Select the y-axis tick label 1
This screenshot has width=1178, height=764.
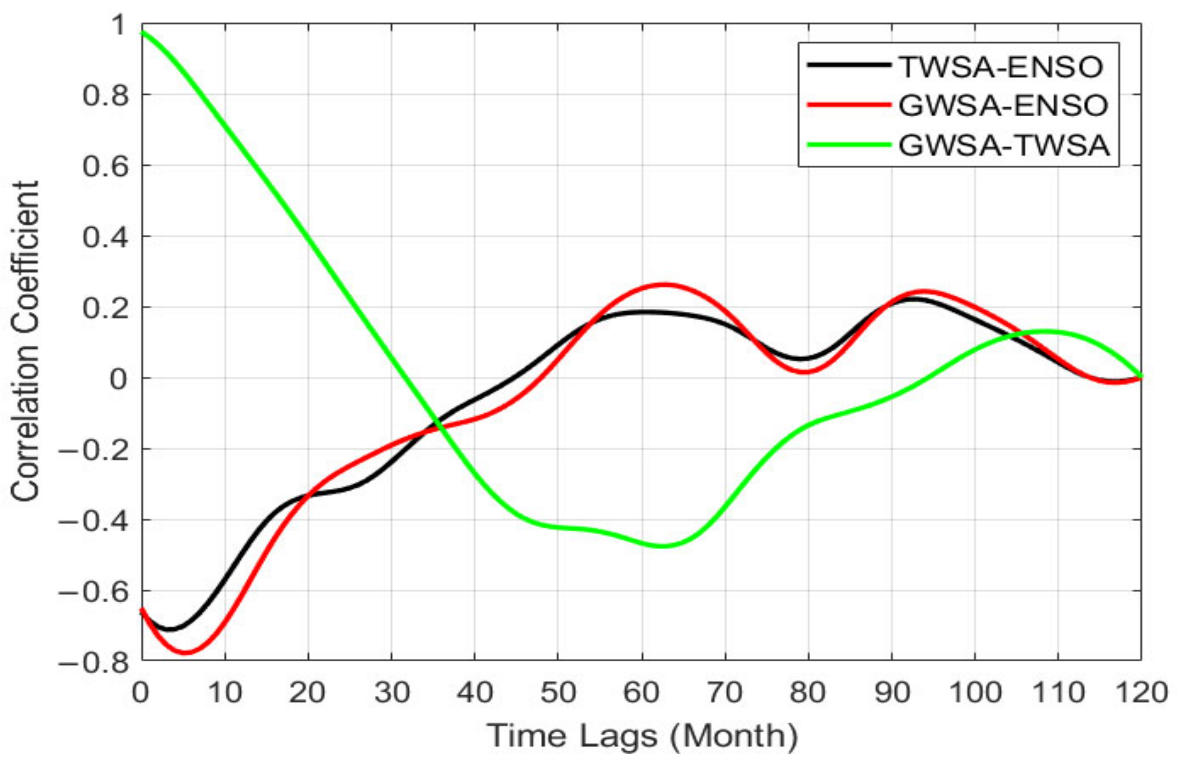point(119,25)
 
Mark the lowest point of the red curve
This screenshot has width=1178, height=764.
point(186,652)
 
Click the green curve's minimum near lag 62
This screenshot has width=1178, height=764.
point(662,546)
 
